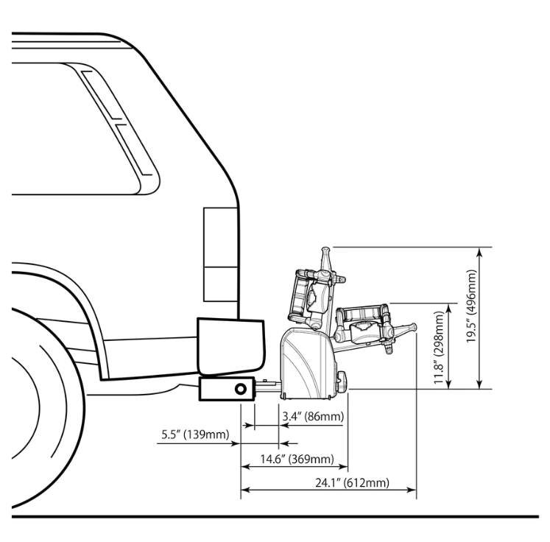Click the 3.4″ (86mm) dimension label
pos(313,416)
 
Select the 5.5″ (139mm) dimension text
pos(195,434)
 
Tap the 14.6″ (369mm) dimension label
pos(297,459)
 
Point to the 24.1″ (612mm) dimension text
pos(352,482)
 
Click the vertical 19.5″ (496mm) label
pos(471,306)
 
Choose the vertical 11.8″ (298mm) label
pos(439,348)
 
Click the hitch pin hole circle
pos(241,389)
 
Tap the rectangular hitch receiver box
pos(227,389)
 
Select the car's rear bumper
pos(230,346)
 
